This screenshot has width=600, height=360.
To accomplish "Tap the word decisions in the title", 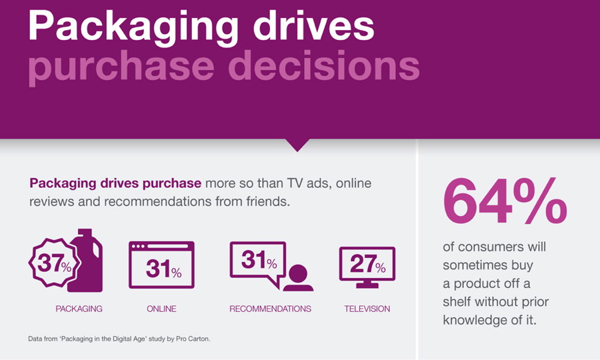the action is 324,65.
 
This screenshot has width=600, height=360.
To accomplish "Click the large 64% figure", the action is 505,201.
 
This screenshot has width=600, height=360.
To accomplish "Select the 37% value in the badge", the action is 54,263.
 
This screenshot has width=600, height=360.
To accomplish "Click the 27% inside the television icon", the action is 368,264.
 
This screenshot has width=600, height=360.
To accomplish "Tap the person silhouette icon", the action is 298,278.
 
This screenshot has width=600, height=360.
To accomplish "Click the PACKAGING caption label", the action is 79,309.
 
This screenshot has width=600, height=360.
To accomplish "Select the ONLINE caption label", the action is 161,309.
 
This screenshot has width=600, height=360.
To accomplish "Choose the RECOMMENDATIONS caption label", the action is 270,309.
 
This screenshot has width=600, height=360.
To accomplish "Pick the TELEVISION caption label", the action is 367,309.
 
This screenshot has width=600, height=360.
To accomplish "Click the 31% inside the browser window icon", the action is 163,269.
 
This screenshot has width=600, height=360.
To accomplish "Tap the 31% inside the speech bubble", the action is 259,260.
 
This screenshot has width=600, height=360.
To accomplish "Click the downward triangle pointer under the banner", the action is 297,145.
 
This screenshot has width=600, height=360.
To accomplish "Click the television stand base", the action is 367,285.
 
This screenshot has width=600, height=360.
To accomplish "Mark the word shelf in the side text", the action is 457,301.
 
